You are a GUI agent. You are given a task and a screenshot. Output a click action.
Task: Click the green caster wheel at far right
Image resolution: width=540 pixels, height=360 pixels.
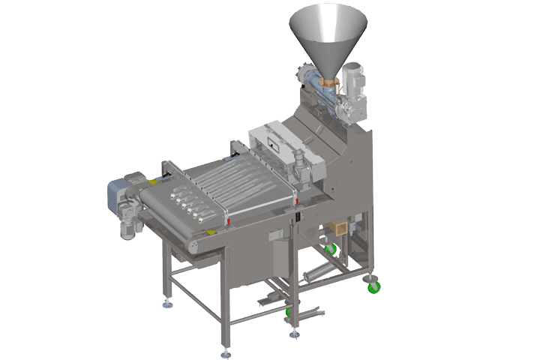[373, 284]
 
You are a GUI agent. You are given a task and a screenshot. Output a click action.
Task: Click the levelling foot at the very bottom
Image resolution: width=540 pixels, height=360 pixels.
[225, 351]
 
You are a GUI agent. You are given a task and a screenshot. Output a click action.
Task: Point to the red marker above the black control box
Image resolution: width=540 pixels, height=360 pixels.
[297, 201]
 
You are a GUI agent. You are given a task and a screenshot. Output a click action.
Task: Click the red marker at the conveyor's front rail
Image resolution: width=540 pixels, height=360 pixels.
[226, 221]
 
